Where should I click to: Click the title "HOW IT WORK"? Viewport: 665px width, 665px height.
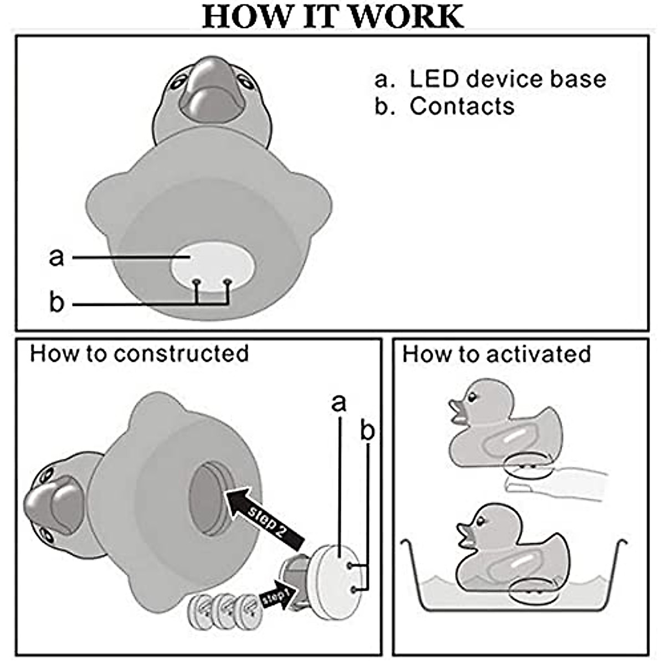[x=332, y=17]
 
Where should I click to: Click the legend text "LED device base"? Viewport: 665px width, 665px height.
[x=507, y=79]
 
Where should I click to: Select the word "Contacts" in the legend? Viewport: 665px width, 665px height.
[x=462, y=106]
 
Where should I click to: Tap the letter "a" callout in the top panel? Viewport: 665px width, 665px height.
[x=57, y=257]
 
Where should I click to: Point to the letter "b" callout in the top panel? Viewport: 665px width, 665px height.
[x=57, y=303]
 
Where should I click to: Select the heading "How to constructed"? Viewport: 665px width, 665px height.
[x=139, y=354]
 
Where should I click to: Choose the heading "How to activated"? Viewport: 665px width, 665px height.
[x=497, y=354]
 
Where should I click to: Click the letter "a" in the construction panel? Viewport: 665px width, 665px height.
[x=339, y=403]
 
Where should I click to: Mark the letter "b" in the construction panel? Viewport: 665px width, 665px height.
[x=367, y=431]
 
